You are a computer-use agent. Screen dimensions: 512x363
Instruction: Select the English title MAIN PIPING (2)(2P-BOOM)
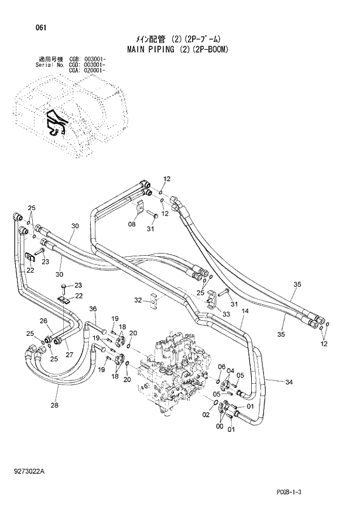point(177,50)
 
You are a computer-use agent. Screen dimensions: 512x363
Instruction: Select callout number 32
point(138,300)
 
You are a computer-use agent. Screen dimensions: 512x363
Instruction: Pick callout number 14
point(245,312)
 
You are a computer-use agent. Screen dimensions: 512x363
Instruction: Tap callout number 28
point(54,406)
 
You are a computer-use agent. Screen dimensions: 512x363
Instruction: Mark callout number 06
point(221,366)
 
